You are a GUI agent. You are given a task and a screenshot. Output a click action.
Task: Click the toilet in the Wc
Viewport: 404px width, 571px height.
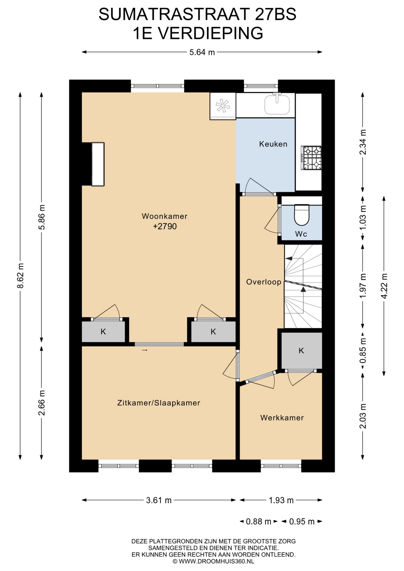[302, 214]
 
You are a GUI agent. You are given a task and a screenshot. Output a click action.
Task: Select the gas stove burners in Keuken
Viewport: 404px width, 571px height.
[311, 158]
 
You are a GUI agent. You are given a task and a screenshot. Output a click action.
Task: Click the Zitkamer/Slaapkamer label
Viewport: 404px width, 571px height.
[159, 403]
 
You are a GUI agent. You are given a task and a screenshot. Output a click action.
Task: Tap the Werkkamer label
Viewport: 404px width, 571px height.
[282, 418]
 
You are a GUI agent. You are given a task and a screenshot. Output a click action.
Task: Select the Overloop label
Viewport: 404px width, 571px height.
[264, 282]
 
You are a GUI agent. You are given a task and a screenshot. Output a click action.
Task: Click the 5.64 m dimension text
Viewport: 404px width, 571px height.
[202, 52]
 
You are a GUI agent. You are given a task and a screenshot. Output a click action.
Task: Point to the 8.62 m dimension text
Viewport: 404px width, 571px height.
[20, 276]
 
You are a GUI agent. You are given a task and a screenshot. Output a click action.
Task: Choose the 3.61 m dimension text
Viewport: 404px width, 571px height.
[159, 500]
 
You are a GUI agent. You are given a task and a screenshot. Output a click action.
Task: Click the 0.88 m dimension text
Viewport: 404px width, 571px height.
[259, 521]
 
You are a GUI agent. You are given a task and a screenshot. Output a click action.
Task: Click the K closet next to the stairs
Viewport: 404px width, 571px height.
[301, 351]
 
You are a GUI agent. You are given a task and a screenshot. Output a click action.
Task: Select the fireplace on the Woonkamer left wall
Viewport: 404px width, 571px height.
[98, 164]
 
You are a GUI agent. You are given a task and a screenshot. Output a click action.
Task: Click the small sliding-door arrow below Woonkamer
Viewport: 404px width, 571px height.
[145, 350]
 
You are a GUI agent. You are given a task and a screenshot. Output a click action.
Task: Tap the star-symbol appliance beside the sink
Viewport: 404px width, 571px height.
[223, 106]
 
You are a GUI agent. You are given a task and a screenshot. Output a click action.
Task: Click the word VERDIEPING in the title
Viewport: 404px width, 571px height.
[210, 33]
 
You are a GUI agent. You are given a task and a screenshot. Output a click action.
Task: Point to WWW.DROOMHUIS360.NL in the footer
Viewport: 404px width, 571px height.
[216, 561]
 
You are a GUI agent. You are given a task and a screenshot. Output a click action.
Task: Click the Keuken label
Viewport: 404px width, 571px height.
[273, 144]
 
